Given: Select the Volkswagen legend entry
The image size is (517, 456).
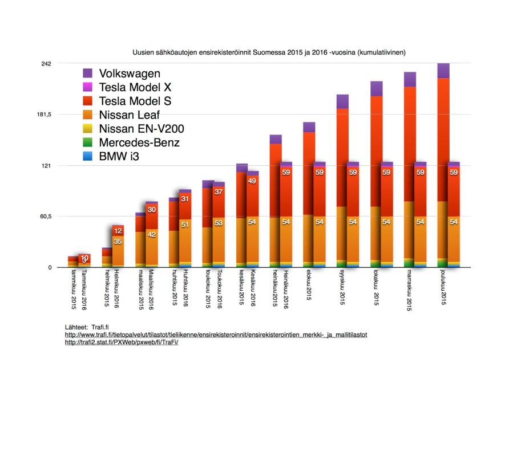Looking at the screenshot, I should [130, 74].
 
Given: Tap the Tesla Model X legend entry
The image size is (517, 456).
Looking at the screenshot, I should [135, 87].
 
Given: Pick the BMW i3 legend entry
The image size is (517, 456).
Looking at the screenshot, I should [119, 156].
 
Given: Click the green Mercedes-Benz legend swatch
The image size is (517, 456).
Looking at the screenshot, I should [87, 142].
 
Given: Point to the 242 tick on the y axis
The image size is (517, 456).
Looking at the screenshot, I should [47, 63].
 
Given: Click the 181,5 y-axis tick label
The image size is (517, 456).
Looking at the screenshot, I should [43, 115].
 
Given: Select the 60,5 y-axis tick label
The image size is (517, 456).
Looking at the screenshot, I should [45, 217].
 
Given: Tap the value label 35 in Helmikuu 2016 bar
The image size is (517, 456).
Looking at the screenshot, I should [118, 242].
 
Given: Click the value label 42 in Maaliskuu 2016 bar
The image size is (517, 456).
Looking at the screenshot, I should [152, 233].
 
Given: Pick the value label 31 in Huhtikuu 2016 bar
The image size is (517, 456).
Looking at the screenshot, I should [185, 199].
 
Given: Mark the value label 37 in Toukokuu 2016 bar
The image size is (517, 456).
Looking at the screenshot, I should [219, 192].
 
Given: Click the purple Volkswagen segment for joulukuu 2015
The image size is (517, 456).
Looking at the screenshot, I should [443, 71].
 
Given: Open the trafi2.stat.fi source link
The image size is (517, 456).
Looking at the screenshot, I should [122, 343].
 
